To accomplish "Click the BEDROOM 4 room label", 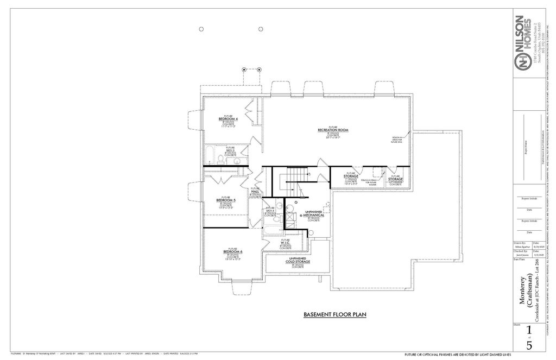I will [228, 118].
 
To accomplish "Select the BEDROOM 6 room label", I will [233, 252].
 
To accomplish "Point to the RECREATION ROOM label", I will [333, 130].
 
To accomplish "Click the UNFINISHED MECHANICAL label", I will [314, 214].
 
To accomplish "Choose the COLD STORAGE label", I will [298, 262].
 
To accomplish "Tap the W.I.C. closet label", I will [285, 243].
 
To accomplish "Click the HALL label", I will [255, 191].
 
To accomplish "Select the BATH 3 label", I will [231, 150].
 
